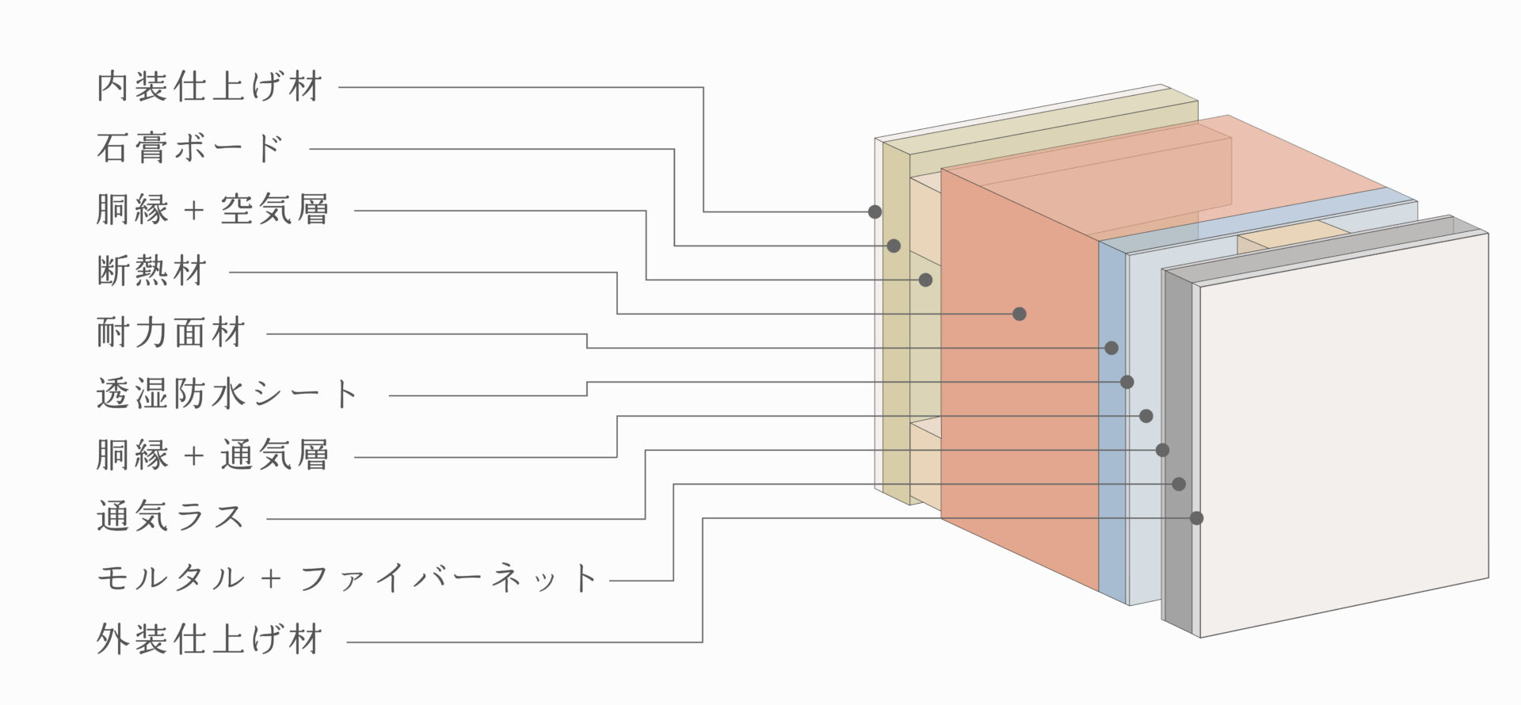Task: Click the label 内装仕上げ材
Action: [x=209, y=86]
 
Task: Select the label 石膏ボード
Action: [x=190, y=148]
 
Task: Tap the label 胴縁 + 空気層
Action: [x=212, y=210]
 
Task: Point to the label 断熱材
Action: [x=151, y=271]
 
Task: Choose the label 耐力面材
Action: [x=170, y=333]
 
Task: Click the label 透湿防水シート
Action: [x=228, y=394]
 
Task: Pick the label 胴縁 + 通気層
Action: [x=212, y=455]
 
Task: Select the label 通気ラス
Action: [x=170, y=516]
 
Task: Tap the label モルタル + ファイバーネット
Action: [x=347, y=578]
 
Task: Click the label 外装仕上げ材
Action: [x=209, y=639]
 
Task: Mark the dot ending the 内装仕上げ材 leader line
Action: [x=875, y=211]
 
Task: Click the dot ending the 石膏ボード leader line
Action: [x=894, y=246]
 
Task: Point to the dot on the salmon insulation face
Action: [x=1020, y=314]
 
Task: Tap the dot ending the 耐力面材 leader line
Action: [x=1111, y=348]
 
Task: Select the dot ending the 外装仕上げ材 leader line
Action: [x=1197, y=518]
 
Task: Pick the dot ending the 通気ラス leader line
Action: [x=1162, y=450]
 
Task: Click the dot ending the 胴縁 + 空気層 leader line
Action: [x=925, y=280]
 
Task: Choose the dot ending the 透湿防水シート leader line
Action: [x=1127, y=382]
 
